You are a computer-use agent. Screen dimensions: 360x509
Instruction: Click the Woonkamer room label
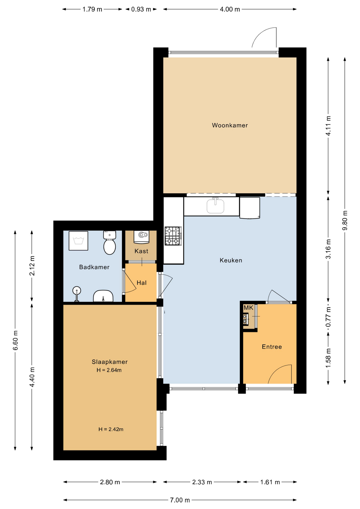[x=230, y=125]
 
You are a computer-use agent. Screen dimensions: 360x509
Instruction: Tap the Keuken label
[x=231, y=260]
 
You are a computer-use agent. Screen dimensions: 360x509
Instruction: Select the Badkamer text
[x=94, y=267]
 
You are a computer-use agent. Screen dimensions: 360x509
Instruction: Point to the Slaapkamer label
[x=110, y=362]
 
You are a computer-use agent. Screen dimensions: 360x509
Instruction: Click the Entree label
[x=272, y=347]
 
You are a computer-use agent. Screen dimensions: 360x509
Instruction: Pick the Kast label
[x=141, y=251]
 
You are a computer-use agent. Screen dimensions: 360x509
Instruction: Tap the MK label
[x=248, y=308]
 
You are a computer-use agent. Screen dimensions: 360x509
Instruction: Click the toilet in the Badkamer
[x=109, y=243]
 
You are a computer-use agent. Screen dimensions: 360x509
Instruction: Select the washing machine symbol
[x=78, y=241]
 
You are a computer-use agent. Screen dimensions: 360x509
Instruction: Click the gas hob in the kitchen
[x=173, y=236]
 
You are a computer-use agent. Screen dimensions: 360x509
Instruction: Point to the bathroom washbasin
[x=103, y=296]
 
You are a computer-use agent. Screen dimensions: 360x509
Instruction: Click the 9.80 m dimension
[x=345, y=221]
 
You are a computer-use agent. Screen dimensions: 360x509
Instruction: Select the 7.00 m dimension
[x=180, y=500]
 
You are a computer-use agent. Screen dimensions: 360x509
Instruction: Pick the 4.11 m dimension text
[x=328, y=126]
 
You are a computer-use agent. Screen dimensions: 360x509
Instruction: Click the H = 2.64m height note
[x=109, y=370]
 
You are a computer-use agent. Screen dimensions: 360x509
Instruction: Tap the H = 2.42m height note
[x=111, y=429]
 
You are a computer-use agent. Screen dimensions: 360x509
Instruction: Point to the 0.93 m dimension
[x=141, y=9]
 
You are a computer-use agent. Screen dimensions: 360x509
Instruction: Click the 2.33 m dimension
[x=202, y=482]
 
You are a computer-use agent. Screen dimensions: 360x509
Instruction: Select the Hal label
[x=142, y=283]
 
